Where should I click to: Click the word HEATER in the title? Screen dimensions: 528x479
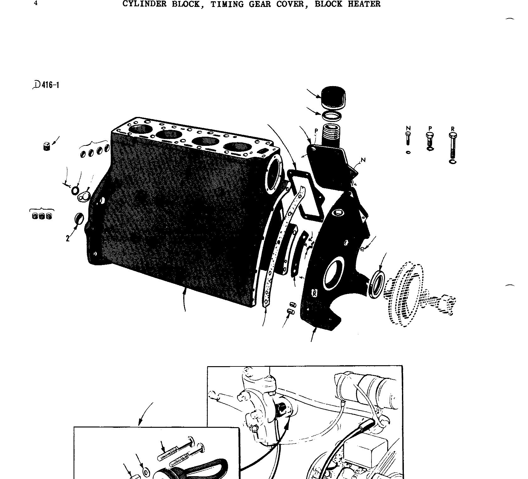pyautogui.click(x=364, y=4)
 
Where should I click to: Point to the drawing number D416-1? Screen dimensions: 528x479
pyautogui.click(x=47, y=85)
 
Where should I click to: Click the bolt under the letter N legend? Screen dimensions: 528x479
pyautogui.click(x=408, y=138)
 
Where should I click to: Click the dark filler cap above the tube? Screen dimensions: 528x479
pyautogui.click(x=333, y=97)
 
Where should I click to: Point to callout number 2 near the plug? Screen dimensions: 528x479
pyautogui.click(x=68, y=239)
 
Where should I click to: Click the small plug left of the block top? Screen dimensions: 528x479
pyautogui.click(x=47, y=146)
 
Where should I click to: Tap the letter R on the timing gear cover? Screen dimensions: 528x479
pyautogui.click(x=314, y=293)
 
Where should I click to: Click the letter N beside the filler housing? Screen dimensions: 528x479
pyautogui.click(x=363, y=160)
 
